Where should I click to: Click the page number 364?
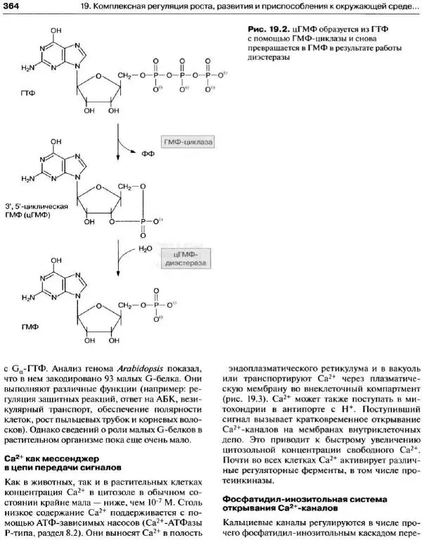click(11, 7)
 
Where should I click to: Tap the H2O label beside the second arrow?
click(145, 249)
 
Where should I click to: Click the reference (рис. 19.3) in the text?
click(248, 397)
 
